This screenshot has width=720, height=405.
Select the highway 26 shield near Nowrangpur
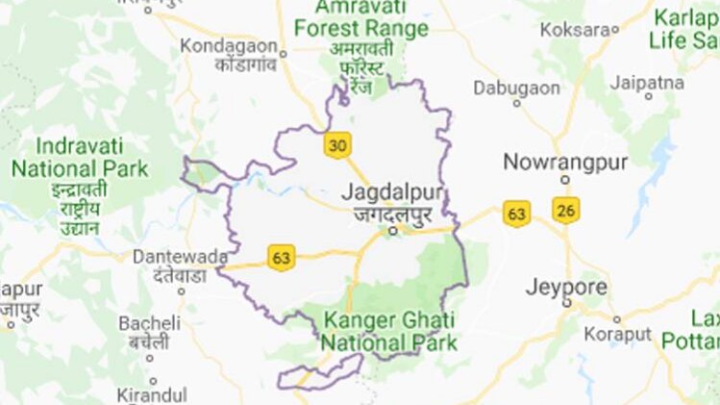click(565, 209)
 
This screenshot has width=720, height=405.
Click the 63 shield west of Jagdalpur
click(281, 258)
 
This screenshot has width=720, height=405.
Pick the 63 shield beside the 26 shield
click(517, 214)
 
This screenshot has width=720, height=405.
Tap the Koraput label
click(616, 336)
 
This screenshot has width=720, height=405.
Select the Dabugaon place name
click(516, 88)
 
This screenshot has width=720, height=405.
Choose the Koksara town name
click(575, 30)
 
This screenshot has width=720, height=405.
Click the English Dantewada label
click(181, 258)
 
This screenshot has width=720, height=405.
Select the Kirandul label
click(150, 394)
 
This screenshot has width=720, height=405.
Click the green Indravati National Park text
click(80, 159)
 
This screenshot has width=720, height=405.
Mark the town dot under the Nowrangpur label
click(566, 179)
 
